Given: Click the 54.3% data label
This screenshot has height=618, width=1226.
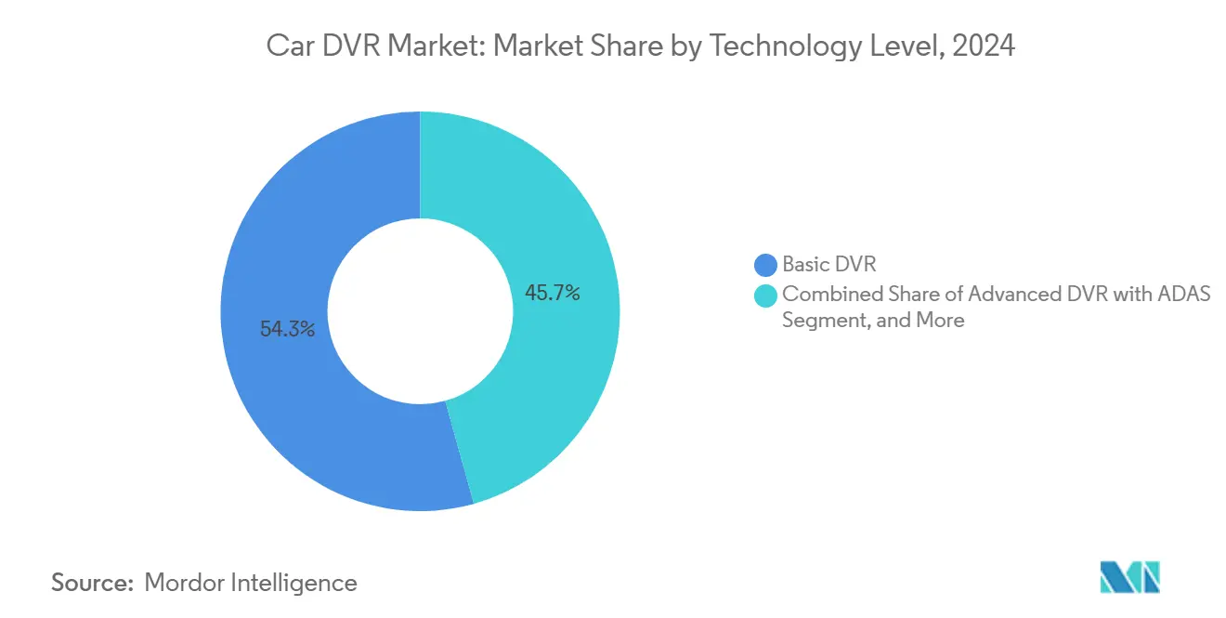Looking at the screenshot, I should (287, 329).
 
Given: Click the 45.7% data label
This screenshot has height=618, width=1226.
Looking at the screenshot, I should (552, 294).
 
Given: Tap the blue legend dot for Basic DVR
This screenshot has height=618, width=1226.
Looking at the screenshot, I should (766, 266).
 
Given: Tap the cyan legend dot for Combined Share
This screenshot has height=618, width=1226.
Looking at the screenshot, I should (766, 296).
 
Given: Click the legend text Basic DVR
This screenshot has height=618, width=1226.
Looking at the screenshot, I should (828, 266).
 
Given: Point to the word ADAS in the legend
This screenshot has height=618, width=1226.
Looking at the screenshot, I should (1186, 295).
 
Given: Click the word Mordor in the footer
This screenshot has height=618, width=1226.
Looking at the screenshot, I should (182, 583).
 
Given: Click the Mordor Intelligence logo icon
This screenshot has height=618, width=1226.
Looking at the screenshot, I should (1129, 577).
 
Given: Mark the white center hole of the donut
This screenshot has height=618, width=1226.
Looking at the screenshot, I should (420, 310).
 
